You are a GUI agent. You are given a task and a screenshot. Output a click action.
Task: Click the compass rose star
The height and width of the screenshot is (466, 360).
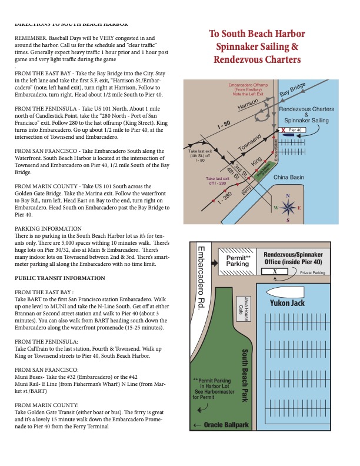(x=288, y=208)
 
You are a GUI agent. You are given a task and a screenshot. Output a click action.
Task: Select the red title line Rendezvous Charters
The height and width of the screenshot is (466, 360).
(x=258, y=60)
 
